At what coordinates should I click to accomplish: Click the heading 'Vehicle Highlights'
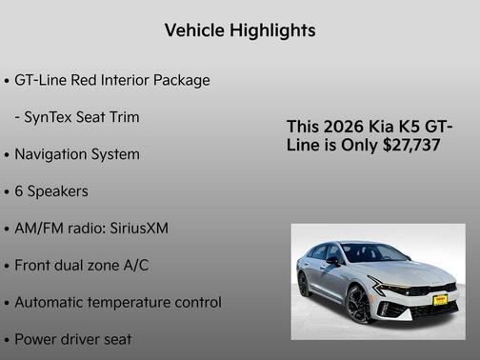tap(240, 30)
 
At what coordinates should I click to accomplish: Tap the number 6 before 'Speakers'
tap(19, 191)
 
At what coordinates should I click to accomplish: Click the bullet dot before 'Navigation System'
tap(7, 155)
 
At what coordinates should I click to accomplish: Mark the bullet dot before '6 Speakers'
tap(7, 192)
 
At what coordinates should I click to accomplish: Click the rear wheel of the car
tap(304, 284)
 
